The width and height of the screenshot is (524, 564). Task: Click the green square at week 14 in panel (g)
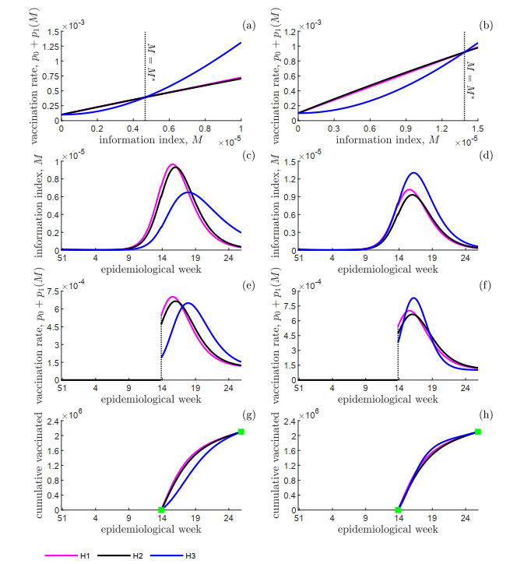point(161,510)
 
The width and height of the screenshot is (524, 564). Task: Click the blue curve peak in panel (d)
point(413,173)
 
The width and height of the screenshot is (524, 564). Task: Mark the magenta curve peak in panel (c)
point(173,164)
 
